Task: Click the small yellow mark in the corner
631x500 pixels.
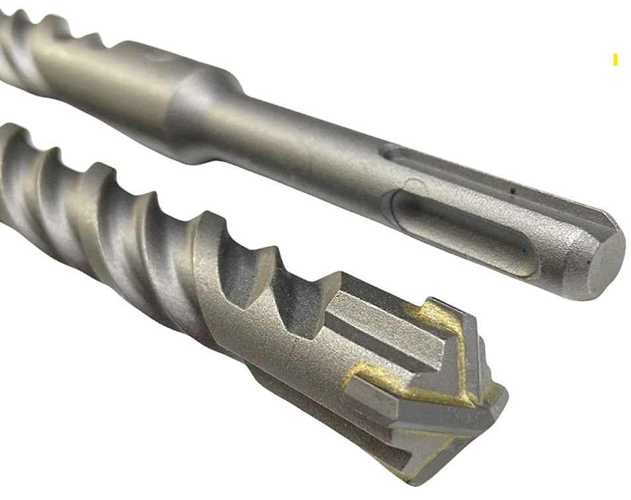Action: (615, 60)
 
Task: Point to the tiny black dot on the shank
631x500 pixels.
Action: (512, 191)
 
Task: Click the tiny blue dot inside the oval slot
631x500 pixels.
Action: (525, 251)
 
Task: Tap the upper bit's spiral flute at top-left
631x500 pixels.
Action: (40, 40)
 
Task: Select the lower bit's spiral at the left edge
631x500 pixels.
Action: (26, 172)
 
